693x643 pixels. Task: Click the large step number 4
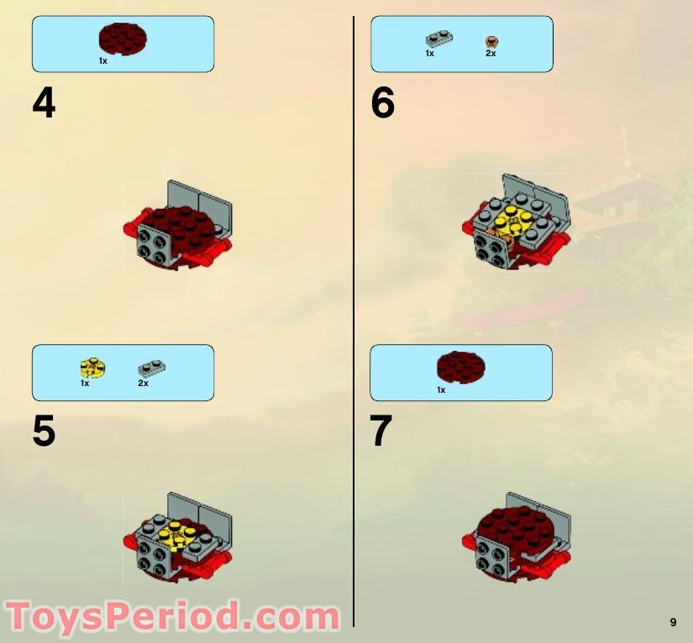coord(44,103)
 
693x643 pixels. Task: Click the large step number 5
coord(44,431)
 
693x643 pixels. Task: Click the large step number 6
coord(382,103)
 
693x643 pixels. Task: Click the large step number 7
coord(381,431)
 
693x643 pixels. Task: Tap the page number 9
coord(673,622)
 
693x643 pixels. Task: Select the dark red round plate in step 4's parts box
coord(123,39)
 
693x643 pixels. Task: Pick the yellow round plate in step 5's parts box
coord(92,367)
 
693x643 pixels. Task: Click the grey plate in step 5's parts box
coord(151,367)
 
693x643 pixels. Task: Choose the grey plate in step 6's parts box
coord(438,39)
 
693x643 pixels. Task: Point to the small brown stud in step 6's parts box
coord(492,40)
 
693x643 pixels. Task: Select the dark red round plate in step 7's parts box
coord(460,368)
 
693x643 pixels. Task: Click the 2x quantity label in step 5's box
coord(143,384)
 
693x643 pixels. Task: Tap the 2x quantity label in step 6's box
coord(491,54)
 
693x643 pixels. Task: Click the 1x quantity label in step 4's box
coord(102,61)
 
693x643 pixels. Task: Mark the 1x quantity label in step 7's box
coord(440,390)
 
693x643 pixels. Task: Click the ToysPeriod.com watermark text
coord(172,617)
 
